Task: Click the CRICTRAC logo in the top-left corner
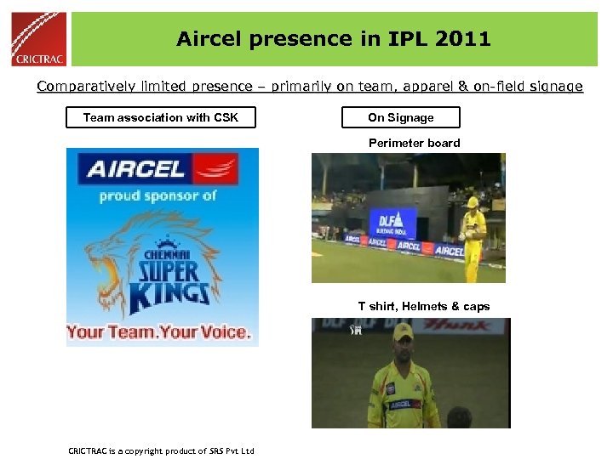click(38, 39)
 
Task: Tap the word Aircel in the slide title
click(210, 39)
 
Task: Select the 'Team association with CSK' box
click(161, 117)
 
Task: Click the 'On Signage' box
click(400, 117)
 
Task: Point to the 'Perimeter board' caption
click(414, 143)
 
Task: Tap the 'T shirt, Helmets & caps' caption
click(423, 306)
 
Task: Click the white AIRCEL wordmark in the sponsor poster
click(136, 168)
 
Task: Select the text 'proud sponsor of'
click(158, 195)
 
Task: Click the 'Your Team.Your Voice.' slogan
click(159, 331)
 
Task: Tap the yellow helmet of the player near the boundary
click(472, 202)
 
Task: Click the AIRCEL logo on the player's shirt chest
click(404, 405)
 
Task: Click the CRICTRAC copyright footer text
click(161, 450)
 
